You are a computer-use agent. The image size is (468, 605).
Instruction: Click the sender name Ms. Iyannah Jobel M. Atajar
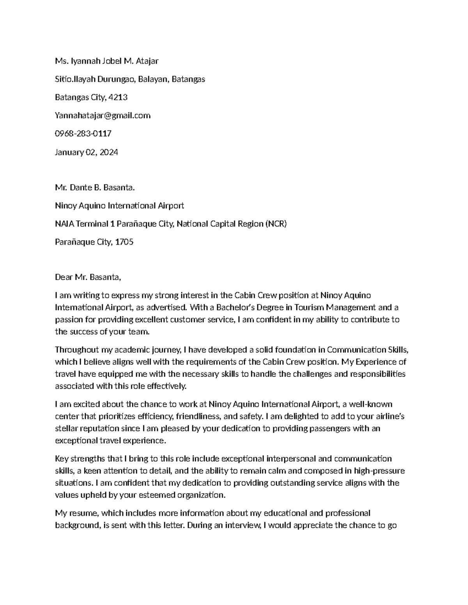click(x=106, y=61)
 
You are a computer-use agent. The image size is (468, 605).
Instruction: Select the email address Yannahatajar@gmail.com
click(x=103, y=116)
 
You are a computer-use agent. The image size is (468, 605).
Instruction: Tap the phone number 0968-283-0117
click(x=83, y=134)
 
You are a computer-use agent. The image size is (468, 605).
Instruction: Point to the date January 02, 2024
click(x=86, y=152)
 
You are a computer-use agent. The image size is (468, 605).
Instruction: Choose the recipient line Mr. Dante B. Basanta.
click(x=95, y=188)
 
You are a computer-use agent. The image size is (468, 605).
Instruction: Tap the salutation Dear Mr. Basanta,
click(x=88, y=277)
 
